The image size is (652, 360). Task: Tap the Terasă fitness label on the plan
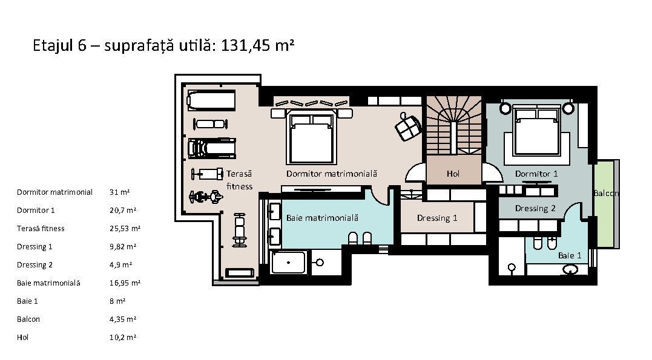239,180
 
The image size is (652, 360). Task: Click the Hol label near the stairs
453,174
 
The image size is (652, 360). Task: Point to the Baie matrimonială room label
322,217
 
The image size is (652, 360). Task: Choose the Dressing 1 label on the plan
437,218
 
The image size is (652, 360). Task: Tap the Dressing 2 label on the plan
535,208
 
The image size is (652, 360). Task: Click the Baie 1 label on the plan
570,255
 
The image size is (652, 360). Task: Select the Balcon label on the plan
605,193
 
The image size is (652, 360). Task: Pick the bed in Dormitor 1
535,134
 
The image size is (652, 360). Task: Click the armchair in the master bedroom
408,126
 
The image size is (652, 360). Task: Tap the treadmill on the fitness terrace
211,148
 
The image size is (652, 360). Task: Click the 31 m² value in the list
120,192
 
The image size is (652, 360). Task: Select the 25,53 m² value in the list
125,229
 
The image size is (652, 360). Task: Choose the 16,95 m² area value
125,283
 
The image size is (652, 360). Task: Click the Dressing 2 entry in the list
35,265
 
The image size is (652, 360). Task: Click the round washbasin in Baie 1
570,270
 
